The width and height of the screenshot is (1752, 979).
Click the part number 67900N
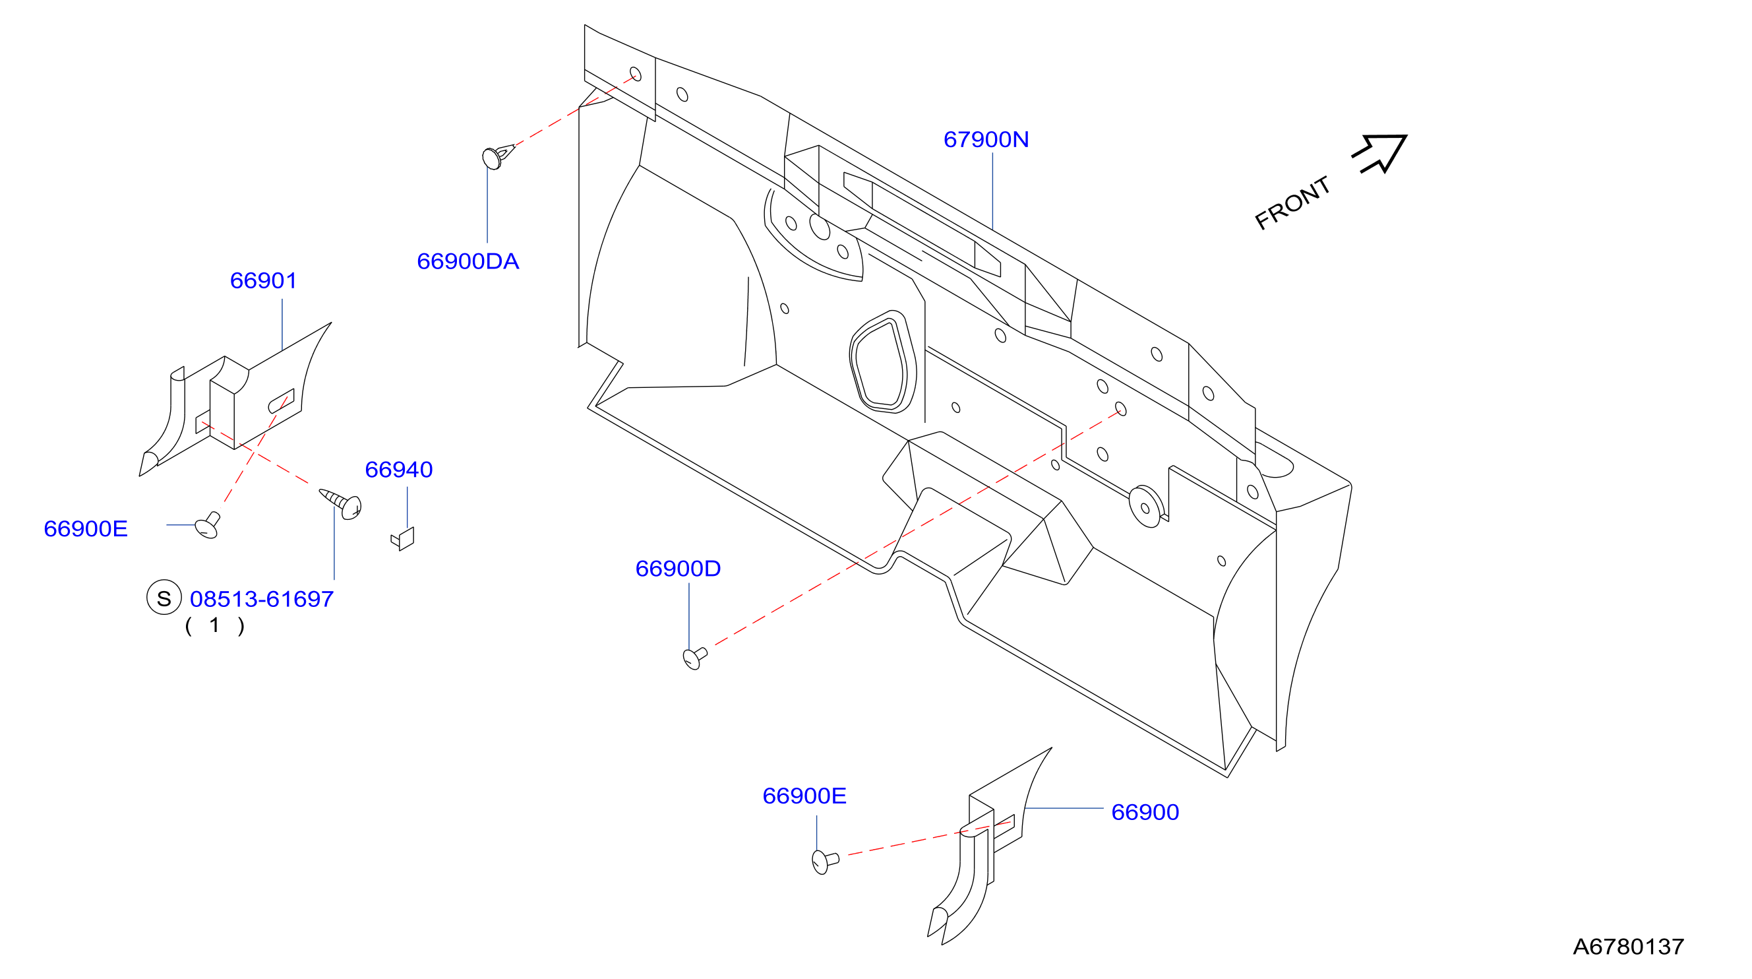[986, 139]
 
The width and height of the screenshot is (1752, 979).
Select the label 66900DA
[468, 261]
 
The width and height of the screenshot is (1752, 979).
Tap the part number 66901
[263, 280]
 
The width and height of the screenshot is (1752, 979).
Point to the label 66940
[398, 470]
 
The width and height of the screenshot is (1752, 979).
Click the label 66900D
[678, 569]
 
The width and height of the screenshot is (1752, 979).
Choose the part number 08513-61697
[262, 600]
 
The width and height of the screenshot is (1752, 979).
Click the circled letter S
[164, 597]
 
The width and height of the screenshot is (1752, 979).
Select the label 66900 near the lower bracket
[1145, 812]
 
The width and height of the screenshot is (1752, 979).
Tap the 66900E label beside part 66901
[86, 528]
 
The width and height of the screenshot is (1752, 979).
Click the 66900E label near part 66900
[804, 796]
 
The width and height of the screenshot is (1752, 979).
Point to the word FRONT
[1292, 203]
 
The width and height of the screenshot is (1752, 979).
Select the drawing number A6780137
[1628, 946]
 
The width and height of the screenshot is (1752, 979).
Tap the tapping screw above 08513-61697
[341, 503]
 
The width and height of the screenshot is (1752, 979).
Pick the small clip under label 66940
[404, 539]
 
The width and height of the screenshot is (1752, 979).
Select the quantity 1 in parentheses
[214, 625]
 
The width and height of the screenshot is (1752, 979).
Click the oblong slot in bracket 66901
[282, 401]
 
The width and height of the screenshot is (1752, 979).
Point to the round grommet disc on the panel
[1146, 506]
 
